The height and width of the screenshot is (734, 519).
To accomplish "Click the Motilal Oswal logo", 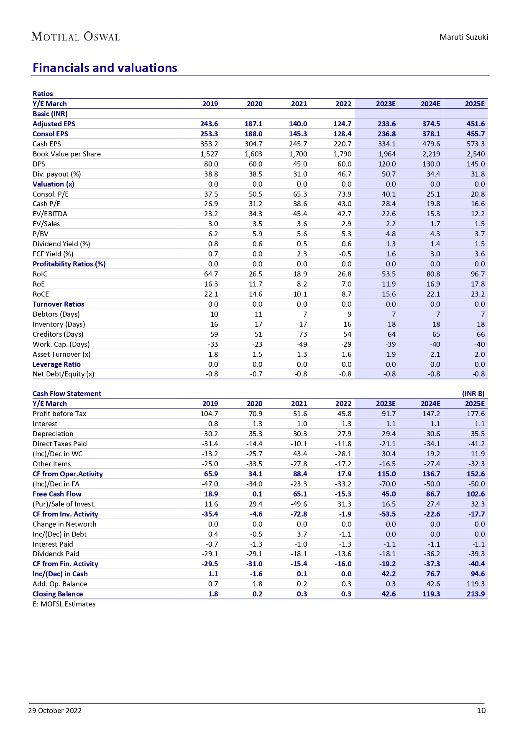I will tap(76, 37).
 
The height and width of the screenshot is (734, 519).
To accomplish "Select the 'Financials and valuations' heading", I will tap(105, 68).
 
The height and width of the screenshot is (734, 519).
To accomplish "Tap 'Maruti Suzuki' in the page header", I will tap(463, 37).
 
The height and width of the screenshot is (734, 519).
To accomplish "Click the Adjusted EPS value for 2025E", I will tap(476, 124).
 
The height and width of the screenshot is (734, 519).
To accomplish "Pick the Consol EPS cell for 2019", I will tap(209, 134).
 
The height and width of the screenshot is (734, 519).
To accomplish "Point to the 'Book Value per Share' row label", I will tap(67, 154).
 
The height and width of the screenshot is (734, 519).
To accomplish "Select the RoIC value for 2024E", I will tap(432, 274).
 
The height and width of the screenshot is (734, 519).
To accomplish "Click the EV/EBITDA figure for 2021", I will tap(300, 214).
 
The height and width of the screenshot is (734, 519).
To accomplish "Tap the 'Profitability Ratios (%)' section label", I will tap(69, 264).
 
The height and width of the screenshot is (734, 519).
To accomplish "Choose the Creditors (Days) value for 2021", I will tap(303, 334).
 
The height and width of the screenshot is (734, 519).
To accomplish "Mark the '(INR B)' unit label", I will tap(473, 394).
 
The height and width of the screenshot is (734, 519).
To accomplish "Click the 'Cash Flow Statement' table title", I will tap(67, 394).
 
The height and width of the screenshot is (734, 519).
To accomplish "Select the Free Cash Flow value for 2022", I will tap(343, 494).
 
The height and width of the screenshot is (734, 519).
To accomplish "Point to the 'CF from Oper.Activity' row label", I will tap(68, 474).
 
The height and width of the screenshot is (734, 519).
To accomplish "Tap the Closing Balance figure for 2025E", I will tap(476, 594).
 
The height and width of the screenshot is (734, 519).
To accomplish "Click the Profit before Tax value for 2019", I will tap(209, 414).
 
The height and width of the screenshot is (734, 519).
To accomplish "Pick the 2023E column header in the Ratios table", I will tap(386, 104).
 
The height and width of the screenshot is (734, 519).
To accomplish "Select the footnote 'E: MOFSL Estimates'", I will tap(64, 604).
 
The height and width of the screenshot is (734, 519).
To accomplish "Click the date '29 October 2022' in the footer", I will tap(55, 711).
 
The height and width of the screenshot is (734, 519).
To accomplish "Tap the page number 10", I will tap(481, 710).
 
